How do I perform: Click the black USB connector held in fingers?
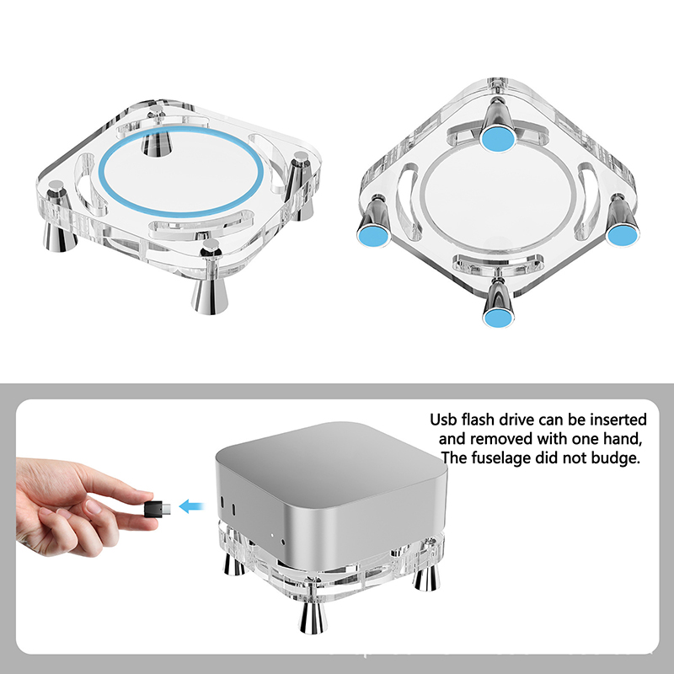[158, 508]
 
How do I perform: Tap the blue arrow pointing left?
[192, 506]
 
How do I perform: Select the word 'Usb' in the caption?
[444, 419]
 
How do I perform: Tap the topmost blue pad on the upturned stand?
[498, 137]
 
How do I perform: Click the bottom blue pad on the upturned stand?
[498, 317]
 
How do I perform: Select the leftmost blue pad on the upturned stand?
[372, 234]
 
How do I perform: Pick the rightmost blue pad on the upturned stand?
[623, 235]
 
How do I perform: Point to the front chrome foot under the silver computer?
[313, 618]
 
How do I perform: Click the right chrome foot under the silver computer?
[426, 577]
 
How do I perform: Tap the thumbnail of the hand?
[93, 508]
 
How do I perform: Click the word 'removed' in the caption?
[501, 439]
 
